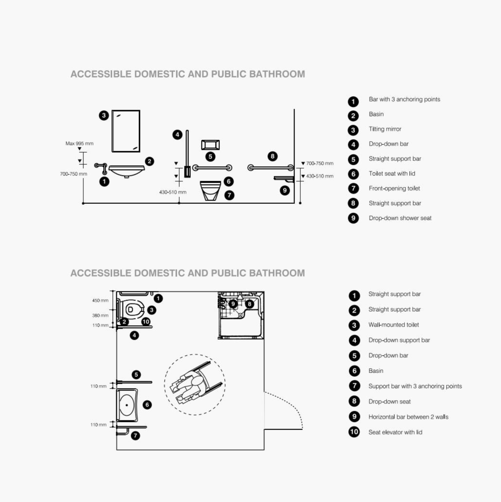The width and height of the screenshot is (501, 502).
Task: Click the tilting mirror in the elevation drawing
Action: tap(125, 131)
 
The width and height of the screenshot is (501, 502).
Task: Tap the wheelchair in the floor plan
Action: tap(195, 384)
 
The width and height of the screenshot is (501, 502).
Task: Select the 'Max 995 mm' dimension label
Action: tap(79, 144)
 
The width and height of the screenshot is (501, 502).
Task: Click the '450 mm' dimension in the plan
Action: tap(100, 300)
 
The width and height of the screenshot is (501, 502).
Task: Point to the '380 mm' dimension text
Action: tap(100, 316)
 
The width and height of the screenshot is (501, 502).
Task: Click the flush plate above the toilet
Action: tap(210, 145)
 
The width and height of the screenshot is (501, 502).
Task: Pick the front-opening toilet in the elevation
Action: tap(210, 190)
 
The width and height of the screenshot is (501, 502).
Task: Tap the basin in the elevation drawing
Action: tap(127, 170)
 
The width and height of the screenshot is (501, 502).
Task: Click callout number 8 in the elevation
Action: tap(272, 156)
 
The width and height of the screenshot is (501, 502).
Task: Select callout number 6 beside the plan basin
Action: tap(147, 405)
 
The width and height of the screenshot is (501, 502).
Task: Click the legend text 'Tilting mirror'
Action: tap(385, 129)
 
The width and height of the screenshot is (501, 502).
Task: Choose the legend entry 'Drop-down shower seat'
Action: tap(400, 218)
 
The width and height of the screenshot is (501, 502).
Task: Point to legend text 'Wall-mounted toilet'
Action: tap(393, 325)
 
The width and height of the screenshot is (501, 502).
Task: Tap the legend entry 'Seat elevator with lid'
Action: tap(395, 432)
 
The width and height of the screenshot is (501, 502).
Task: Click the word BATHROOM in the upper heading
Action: tap(277, 74)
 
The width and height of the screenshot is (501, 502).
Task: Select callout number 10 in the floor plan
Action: tap(146, 321)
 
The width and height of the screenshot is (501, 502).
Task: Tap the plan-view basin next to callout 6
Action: tap(127, 405)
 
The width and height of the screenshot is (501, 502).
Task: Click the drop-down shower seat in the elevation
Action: tap(283, 179)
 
